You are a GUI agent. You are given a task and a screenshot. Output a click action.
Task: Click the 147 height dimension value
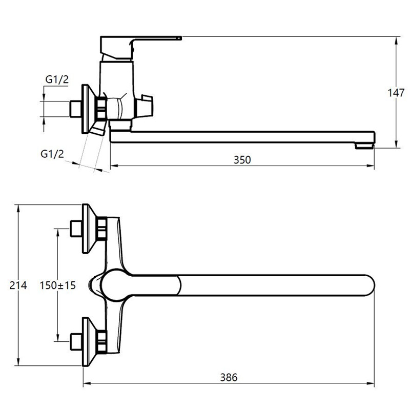(x=396, y=93)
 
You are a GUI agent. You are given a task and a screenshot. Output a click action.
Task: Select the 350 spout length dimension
(x=242, y=160)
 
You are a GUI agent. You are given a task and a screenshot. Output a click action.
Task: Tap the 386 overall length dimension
(x=229, y=377)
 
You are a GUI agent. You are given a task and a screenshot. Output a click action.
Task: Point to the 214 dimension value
(x=18, y=285)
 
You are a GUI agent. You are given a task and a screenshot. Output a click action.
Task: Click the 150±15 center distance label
(x=57, y=285)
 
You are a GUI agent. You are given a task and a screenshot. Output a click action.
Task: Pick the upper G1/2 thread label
(x=57, y=79)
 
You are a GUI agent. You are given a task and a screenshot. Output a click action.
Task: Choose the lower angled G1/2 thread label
(x=52, y=154)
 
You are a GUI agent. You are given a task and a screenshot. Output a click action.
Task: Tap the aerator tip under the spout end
(x=364, y=146)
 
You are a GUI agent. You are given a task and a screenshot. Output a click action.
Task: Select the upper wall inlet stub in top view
(x=76, y=229)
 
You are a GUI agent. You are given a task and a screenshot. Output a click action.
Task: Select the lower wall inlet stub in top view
(x=76, y=341)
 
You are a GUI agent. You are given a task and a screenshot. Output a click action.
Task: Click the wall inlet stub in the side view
(x=76, y=109)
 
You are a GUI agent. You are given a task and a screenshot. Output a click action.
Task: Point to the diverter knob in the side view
(x=144, y=106)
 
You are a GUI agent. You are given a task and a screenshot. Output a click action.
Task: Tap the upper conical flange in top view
(x=89, y=229)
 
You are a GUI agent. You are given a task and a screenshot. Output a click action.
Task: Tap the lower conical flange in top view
(x=89, y=341)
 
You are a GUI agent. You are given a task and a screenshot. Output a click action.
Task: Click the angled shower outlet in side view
(x=98, y=129)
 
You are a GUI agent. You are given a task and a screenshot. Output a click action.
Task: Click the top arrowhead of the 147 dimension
(x=396, y=41)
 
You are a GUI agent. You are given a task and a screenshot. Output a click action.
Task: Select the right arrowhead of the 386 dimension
(x=370, y=383)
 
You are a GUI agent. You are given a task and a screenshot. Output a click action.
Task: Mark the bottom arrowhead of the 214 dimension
(x=18, y=362)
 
